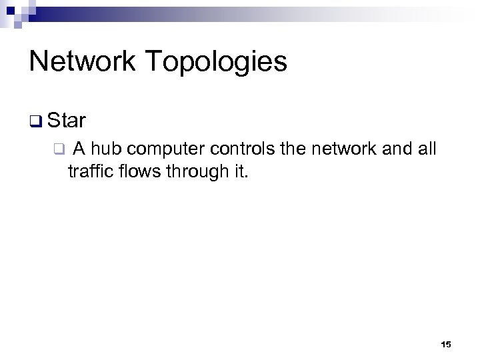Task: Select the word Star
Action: click(x=67, y=121)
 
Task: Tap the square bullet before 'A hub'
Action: click(x=59, y=149)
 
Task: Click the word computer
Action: click(x=167, y=149)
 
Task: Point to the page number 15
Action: click(x=446, y=345)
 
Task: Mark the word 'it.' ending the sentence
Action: click(x=239, y=171)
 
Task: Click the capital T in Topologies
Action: click(x=151, y=61)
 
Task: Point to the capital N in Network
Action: click(x=37, y=61)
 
